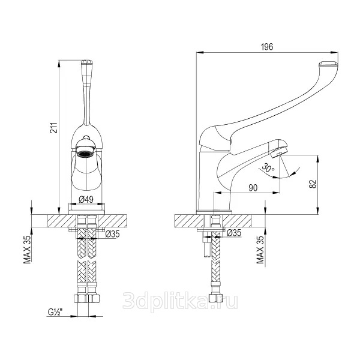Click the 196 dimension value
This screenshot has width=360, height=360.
click(x=267, y=47)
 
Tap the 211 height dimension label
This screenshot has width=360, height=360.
click(x=54, y=128)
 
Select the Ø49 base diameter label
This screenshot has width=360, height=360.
click(x=86, y=199)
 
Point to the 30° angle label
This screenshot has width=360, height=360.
click(x=268, y=168)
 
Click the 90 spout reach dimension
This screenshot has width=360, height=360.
click(x=253, y=188)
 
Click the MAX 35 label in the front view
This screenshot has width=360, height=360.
click(x=27, y=250)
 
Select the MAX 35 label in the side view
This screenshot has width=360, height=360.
click(x=260, y=250)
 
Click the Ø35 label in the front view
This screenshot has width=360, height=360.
click(x=113, y=234)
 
